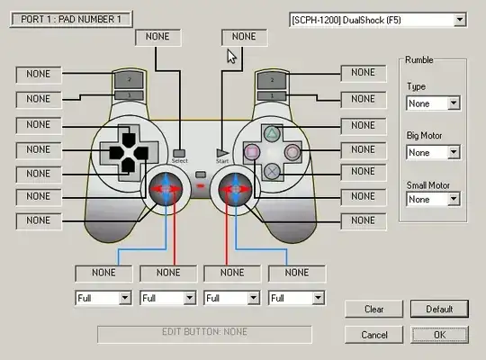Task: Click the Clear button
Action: (373, 309)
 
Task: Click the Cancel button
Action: (373, 335)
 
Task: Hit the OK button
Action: (439, 335)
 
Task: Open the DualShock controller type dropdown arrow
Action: (460, 20)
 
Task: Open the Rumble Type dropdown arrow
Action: (454, 103)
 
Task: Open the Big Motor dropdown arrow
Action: (454, 152)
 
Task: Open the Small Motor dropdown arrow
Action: (454, 199)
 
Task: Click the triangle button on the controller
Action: (272, 134)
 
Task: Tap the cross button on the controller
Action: (272, 172)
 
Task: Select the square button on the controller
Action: (252, 152)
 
